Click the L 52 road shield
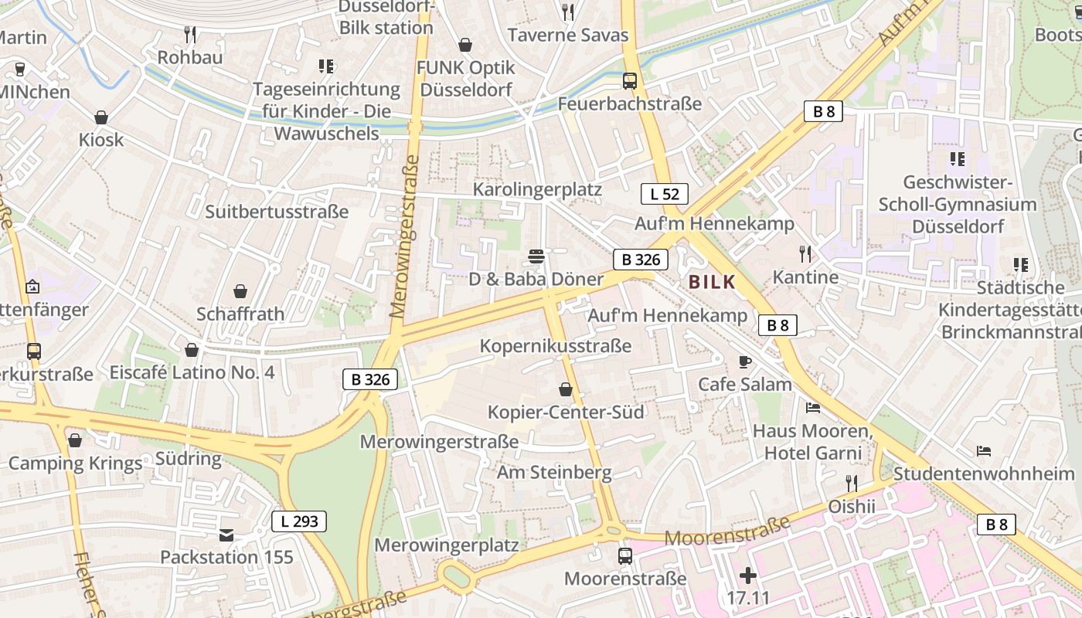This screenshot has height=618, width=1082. pos(664,194)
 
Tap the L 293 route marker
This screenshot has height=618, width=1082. pos(299,521)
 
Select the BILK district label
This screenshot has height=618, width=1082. pos(712,283)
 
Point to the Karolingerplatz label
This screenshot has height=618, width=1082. pos(537,189)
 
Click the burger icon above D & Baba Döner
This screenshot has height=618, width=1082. pos(536,256)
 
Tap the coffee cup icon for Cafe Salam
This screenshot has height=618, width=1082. pos(745,362)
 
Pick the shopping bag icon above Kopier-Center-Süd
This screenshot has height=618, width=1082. pos(566,389)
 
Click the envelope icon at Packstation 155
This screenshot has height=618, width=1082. pos(226,535)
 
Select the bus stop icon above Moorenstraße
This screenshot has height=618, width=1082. pos(624,555)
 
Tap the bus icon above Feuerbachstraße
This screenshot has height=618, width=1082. pos(630,80)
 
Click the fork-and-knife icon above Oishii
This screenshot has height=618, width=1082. pos(852,484)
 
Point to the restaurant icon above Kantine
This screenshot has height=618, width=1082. pos(805,253)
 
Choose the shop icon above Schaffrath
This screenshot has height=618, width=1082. pos(240,291)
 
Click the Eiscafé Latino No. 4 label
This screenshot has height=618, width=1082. pos(192,372)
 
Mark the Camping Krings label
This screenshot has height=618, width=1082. pos(76,463)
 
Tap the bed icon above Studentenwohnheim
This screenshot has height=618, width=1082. pos(983,450)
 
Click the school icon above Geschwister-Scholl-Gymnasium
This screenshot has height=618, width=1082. pos(958,159)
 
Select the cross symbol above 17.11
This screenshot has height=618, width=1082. pos(748,575)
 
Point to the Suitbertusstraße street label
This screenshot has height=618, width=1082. pos(277,212)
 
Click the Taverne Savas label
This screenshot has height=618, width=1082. pos(568,35)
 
